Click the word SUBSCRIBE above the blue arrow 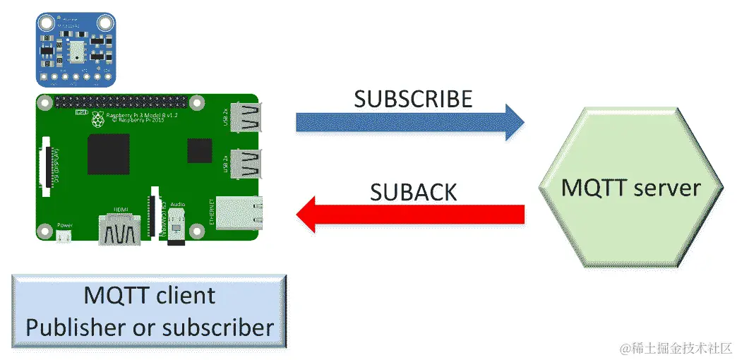pos(413,99)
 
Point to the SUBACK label pos(414,191)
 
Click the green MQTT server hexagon pos(630,188)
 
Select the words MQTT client pos(150,295)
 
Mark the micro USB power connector pos(64,236)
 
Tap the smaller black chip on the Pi pos(199,150)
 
